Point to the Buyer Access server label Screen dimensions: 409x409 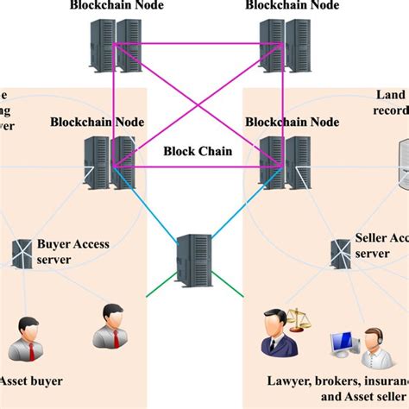point(72,250)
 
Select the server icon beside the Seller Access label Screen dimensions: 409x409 point(340,252)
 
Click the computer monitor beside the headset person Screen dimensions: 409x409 point(339,344)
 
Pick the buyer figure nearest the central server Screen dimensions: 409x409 point(109,324)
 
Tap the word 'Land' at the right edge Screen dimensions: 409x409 point(391,95)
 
